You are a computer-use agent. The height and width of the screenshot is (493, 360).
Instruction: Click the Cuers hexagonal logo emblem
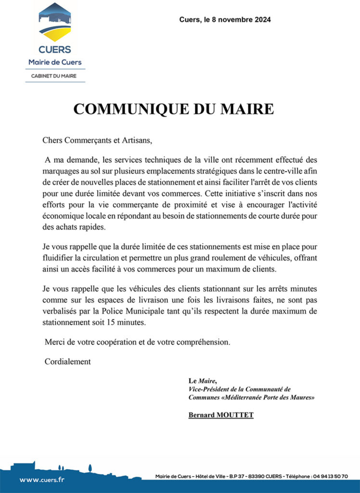click(55, 23)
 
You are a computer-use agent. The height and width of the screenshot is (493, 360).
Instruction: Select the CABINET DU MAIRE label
click(54, 76)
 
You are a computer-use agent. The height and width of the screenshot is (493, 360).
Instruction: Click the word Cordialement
click(67, 362)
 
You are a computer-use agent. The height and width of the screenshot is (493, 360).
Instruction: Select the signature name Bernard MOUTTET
click(220, 415)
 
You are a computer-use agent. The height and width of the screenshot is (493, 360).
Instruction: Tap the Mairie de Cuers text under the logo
click(55, 62)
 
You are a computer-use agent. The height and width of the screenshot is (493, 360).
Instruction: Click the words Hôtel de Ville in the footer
click(211, 477)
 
